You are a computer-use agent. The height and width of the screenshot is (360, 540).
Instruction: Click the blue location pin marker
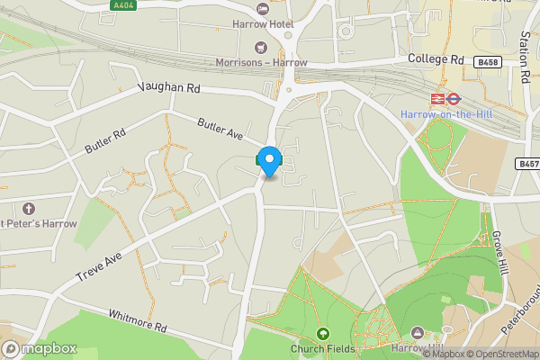(x=269, y=159)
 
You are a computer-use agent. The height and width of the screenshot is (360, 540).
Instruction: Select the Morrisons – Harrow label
(x=262, y=62)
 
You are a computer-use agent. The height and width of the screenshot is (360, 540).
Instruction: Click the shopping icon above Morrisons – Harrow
(x=262, y=47)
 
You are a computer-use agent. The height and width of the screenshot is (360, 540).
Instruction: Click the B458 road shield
(x=487, y=62)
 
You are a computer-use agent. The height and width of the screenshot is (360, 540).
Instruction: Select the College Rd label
(x=435, y=59)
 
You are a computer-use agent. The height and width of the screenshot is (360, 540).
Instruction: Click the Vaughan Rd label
(x=168, y=88)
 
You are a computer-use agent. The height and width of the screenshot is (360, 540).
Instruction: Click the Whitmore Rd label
(x=137, y=319)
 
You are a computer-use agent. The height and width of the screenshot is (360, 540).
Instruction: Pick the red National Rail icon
(x=436, y=98)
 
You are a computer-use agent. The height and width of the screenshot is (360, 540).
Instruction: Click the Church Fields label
(x=321, y=349)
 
